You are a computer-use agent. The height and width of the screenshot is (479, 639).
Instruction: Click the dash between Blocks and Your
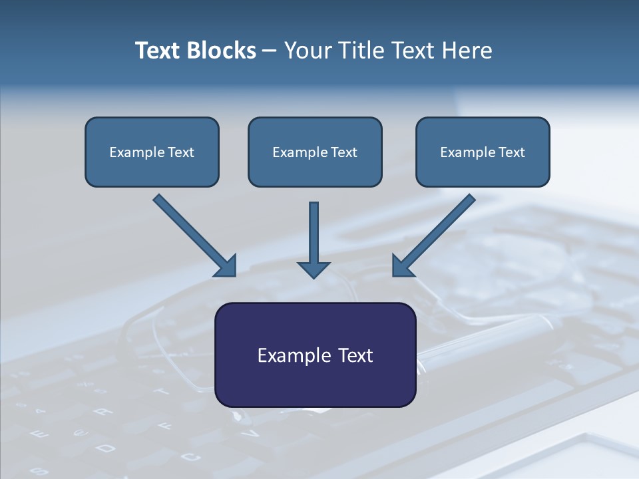click(270, 51)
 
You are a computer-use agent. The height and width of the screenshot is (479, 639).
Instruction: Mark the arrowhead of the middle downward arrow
click(314, 269)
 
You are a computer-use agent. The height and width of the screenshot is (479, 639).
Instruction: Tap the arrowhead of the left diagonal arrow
click(226, 266)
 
